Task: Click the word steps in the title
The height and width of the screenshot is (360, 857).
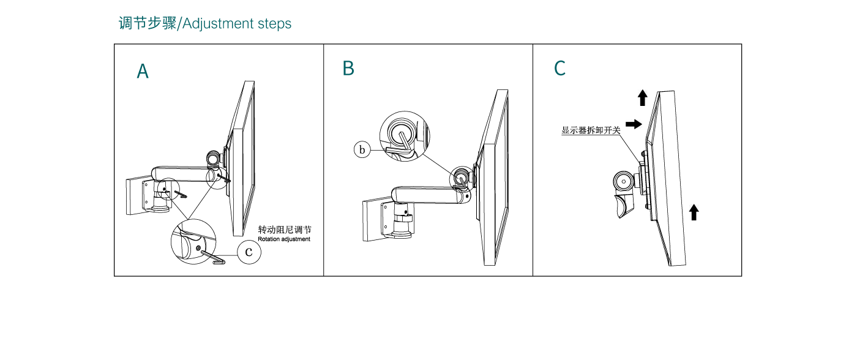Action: click(x=274, y=24)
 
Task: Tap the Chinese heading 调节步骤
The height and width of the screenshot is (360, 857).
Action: click(x=147, y=23)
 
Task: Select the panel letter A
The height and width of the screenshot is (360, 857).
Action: click(x=143, y=72)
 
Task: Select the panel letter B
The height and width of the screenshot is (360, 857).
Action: click(x=348, y=69)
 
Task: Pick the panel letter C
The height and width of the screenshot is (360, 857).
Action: click(x=559, y=69)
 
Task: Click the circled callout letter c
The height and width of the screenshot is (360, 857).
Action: click(x=249, y=252)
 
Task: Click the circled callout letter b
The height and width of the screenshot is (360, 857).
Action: click(x=362, y=149)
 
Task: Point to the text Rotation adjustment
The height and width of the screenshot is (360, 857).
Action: click(x=284, y=239)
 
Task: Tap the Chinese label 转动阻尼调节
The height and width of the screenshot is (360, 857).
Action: click(x=285, y=230)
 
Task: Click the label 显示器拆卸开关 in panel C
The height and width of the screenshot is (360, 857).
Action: click(x=591, y=130)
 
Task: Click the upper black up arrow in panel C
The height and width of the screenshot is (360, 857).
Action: click(x=642, y=97)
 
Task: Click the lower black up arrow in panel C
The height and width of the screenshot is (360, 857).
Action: click(x=694, y=212)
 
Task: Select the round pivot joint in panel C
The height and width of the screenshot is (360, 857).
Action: click(x=624, y=181)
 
